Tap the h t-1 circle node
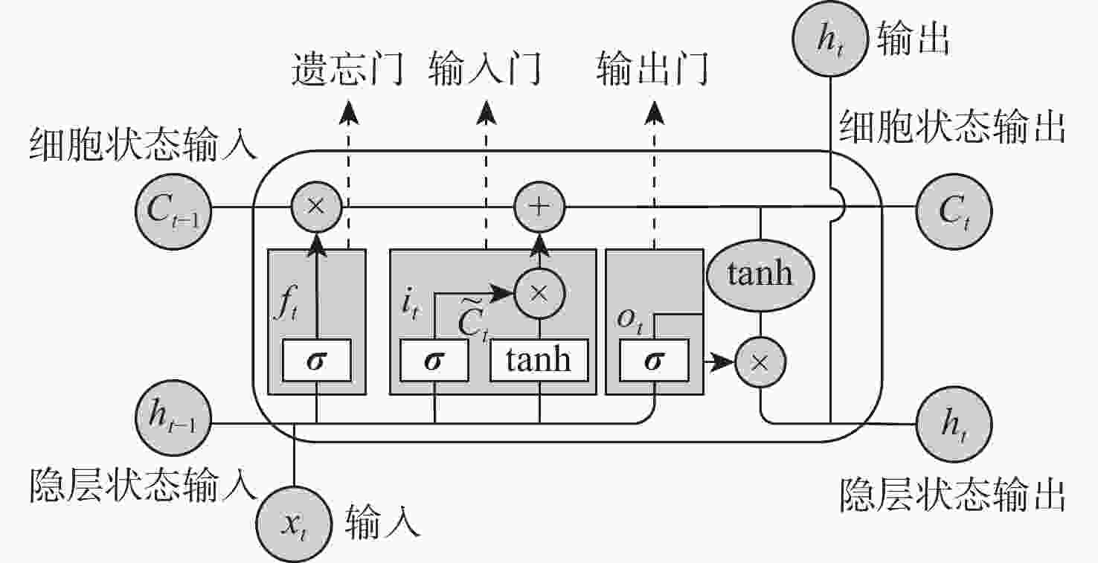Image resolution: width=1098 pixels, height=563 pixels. [x=173, y=423]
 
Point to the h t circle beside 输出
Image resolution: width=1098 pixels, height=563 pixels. [x=829, y=39]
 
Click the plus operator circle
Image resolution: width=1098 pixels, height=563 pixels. [x=541, y=205]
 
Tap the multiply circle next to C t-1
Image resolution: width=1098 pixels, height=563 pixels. [x=316, y=205]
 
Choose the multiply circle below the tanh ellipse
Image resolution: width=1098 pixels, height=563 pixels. [x=760, y=364]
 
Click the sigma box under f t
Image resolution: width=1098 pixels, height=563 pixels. [x=318, y=361]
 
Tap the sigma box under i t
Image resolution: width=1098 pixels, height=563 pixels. [x=434, y=361]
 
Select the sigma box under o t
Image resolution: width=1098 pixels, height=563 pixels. [x=655, y=361]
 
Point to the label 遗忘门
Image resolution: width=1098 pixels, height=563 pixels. [x=347, y=69]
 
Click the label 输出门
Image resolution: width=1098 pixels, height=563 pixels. [x=652, y=69]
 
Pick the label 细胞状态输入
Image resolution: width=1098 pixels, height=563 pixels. [x=143, y=142]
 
